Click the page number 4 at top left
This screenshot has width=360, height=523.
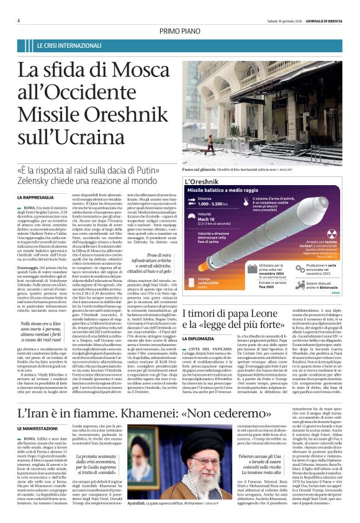[19, 20]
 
